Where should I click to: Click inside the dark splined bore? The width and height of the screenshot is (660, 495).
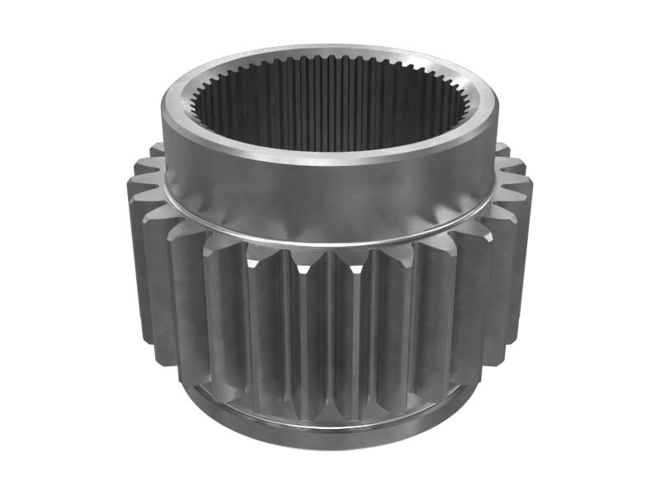(330, 124)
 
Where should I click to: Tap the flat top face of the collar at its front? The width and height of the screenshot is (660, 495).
(330, 156)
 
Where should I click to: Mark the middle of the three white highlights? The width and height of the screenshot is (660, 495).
(356, 268)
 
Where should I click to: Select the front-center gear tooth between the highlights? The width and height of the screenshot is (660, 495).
(330, 330)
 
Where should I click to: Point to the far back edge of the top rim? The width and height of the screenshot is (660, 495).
(330, 51)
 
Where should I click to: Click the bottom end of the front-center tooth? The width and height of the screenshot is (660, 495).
(330, 412)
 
